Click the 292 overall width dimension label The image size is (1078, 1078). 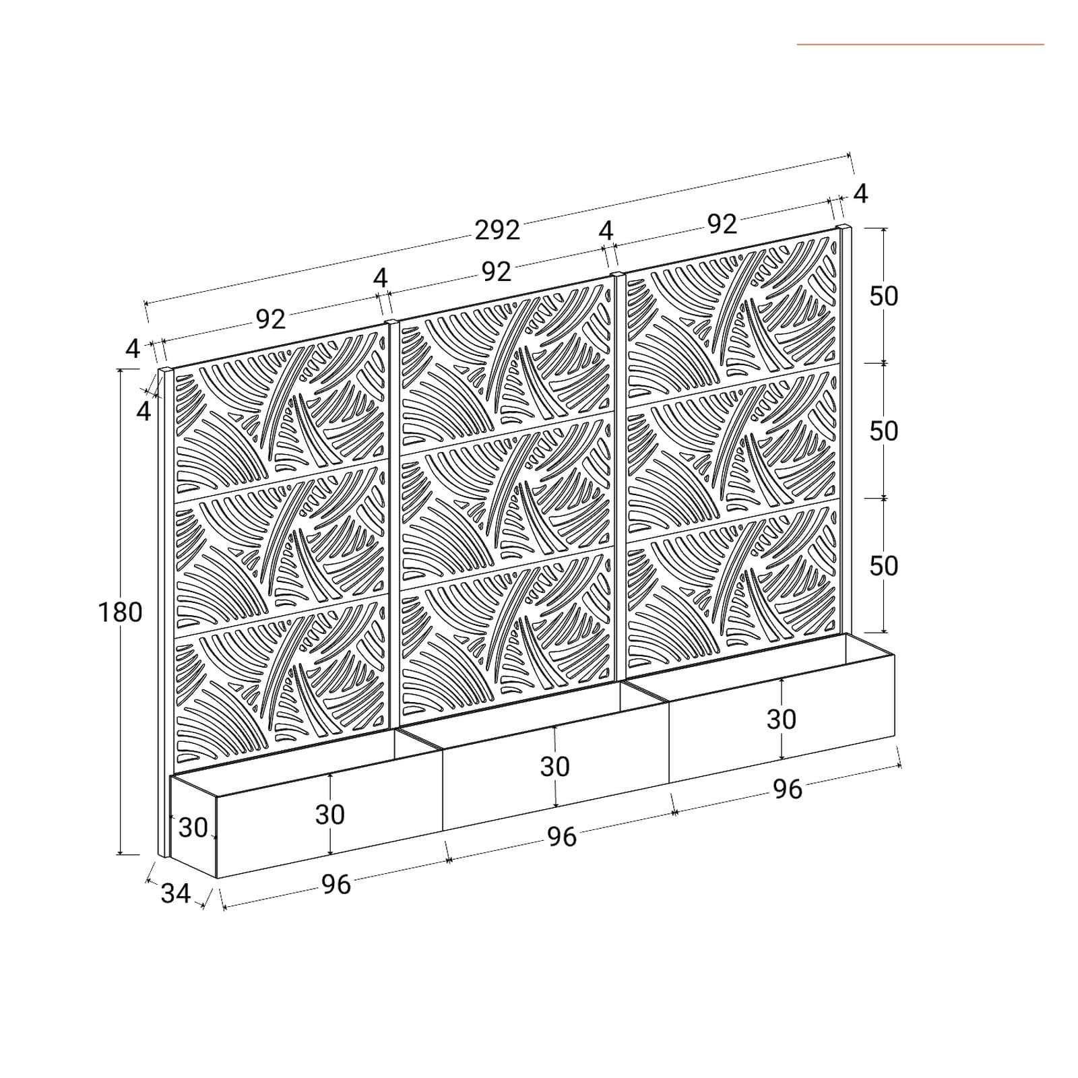[497, 230]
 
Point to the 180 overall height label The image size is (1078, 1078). [121, 612]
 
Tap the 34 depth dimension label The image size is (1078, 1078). [176, 893]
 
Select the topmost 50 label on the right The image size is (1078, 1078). [883, 296]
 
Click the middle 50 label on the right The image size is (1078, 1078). [883, 431]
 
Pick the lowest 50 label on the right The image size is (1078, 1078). [883, 566]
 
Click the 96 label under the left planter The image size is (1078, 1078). [336, 885]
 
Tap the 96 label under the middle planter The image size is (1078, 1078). [561, 837]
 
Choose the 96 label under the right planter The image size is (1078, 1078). [787, 789]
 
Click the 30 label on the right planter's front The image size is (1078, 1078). [781, 720]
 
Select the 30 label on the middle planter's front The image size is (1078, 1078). [554, 767]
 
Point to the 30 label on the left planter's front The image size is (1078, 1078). [329, 815]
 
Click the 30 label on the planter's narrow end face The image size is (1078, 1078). [193, 827]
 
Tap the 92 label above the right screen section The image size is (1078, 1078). [722, 224]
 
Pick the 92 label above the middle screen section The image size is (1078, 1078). [497, 272]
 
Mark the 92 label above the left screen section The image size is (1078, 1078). [271, 319]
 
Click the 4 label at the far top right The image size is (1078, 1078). [860, 194]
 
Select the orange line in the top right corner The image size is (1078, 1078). [920, 44]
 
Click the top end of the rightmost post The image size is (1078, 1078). [844, 227]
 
